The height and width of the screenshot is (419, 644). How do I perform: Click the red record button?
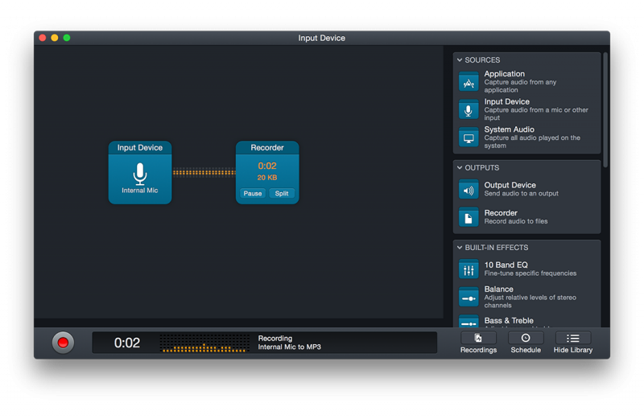tap(63, 343)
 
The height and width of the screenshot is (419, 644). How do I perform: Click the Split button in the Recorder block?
tap(282, 194)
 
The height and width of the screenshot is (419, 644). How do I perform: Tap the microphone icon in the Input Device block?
tap(140, 174)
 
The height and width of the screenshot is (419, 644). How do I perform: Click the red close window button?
tap(43, 38)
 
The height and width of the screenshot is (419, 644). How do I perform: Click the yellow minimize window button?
tap(55, 38)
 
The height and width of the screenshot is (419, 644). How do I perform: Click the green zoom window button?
tap(67, 38)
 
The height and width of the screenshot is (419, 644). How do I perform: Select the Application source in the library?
tap(505, 74)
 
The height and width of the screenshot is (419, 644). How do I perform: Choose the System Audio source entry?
tap(509, 129)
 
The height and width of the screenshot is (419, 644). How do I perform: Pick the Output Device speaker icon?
tap(469, 190)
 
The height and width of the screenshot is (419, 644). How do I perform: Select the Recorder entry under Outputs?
tap(501, 213)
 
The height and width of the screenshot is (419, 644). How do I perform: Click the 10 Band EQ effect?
tap(506, 265)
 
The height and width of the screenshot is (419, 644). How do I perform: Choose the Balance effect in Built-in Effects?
tap(498, 289)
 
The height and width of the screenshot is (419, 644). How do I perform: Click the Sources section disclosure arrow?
tap(460, 60)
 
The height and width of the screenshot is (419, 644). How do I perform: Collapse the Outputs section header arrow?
tap(460, 168)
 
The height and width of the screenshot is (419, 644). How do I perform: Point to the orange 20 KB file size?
tap(267, 178)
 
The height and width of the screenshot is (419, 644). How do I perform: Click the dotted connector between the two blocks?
tap(204, 172)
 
